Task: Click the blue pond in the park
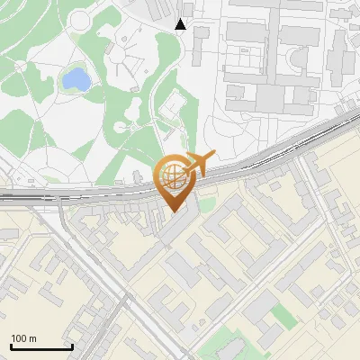[76, 80]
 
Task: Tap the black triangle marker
[181, 24]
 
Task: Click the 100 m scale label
[24, 337]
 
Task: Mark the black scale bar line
[41, 346]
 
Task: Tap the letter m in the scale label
[32, 337]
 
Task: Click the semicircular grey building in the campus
[296, 63]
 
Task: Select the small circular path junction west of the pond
[21, 66]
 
